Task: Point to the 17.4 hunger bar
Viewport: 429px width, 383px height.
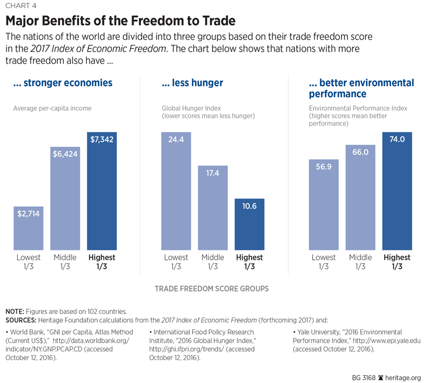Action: [213, 208]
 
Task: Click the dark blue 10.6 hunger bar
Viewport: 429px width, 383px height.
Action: [249, 224]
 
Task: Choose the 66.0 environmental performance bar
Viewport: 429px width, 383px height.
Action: [360, 197]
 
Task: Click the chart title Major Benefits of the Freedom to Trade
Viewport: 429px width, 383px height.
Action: [121, 21]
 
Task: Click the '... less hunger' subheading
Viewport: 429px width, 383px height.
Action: [192, 83]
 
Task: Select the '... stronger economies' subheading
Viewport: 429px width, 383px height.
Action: [63, 83]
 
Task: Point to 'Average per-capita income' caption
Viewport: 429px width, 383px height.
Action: [52, 108]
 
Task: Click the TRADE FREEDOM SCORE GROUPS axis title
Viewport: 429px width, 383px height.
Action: [212, 288]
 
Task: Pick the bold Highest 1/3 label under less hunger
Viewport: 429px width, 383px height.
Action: [249, 262]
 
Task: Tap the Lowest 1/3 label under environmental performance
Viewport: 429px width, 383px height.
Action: [323, 262]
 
